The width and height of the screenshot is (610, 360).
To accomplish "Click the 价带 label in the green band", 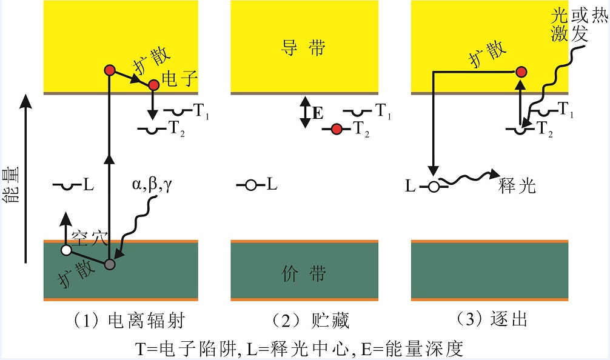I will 304,274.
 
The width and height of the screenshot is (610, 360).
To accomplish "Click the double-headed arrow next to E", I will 304,113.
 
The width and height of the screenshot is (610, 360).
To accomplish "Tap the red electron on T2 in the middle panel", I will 337,128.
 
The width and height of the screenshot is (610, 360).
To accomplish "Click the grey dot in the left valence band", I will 109,264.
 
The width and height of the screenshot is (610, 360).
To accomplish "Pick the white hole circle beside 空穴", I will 66,250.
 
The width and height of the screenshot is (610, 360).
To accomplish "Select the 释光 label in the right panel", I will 517,185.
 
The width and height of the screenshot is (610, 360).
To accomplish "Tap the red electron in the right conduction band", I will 520,72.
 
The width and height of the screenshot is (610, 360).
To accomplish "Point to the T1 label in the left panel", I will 201,110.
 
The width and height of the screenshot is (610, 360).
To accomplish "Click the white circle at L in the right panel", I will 433,187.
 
